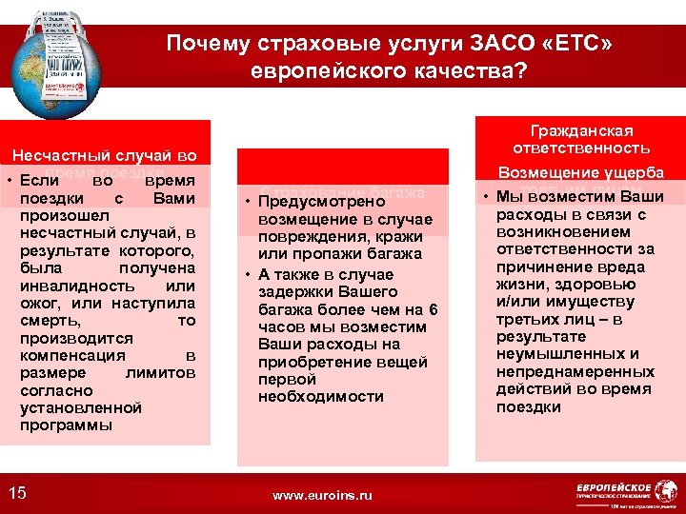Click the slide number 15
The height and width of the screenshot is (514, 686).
coord(17,492)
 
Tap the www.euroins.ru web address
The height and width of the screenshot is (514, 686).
coord(322,495)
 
